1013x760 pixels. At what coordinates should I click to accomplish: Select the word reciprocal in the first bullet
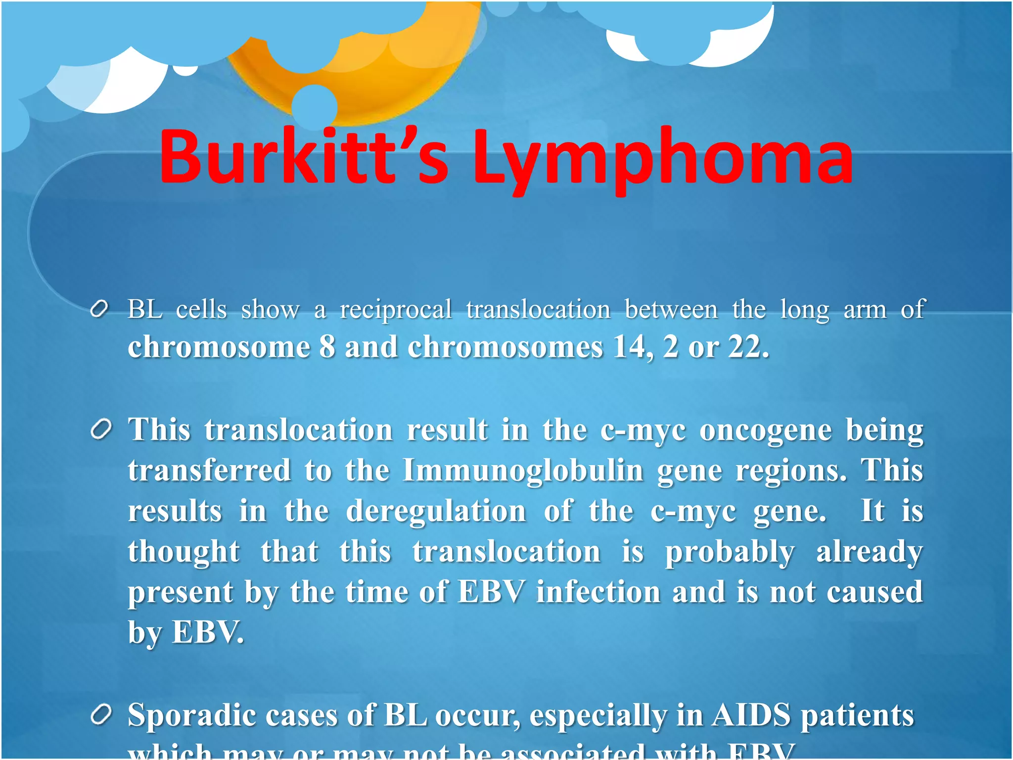point(396,311)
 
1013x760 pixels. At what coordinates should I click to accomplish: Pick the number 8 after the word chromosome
point(327,347)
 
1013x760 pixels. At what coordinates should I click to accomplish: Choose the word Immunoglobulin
point(523,470)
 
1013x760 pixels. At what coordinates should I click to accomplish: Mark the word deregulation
point(436,511)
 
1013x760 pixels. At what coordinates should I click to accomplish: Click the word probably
point(730,552)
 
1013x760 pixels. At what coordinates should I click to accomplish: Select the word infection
point(598,592)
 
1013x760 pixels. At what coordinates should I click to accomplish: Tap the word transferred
point(209,470)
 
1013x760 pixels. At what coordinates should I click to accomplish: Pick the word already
point(869,552)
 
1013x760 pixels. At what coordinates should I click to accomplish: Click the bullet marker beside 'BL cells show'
point(99,310)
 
